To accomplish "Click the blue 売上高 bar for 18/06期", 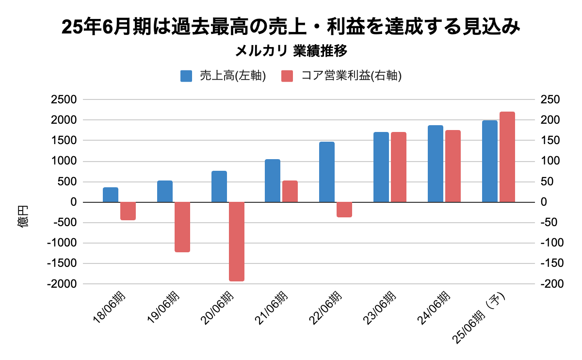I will click(x=111, y=195).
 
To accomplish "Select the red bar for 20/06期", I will click(x=237, y=241).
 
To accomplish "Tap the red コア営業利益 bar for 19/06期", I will click(x=182, y=227).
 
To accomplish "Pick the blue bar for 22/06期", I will click(x=327, y=172).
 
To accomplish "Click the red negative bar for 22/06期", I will click(x=344, y=209).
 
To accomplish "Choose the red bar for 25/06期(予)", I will click(x=507, y=157).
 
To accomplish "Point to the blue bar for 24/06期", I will click(x=436, y=164).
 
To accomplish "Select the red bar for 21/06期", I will click(x=290, y=191).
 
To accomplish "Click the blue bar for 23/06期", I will click(x=381, y=167).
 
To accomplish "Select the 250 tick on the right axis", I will click(x=550, y=100).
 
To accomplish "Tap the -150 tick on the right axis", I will click(x=550, y=263).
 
